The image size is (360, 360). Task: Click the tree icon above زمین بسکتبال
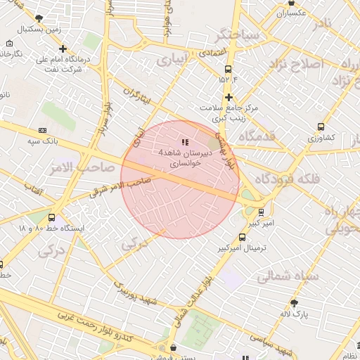[39, 17]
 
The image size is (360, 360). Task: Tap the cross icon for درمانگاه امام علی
[63, 49]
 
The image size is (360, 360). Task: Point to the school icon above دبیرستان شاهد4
[185, 142]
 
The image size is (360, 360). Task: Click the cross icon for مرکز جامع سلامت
[229, 96]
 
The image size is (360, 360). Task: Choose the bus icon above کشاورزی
[321, 127]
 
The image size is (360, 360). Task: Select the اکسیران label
[292, 13]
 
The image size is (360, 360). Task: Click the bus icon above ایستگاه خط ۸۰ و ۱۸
[51, 217]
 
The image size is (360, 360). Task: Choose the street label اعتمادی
[211, 53]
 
